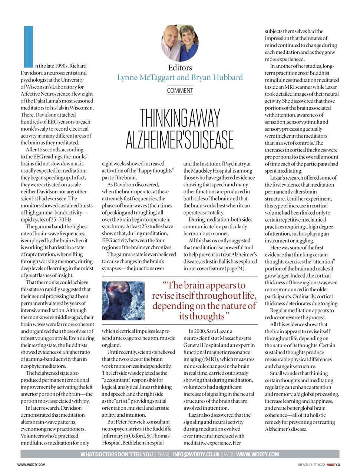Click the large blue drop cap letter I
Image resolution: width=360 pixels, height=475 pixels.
point(28,46)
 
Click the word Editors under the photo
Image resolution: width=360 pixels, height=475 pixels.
point(180,68)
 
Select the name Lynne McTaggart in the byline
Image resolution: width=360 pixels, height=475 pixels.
point(145,78)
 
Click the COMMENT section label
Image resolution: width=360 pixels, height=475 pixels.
point(180,91)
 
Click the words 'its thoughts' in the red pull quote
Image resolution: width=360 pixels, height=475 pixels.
point(202,316)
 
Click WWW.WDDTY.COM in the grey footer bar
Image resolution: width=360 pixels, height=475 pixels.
point(258,454)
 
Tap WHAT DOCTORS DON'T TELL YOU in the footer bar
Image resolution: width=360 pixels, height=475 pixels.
point(116,454)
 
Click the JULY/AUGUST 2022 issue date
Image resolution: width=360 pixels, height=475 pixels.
point(311,465)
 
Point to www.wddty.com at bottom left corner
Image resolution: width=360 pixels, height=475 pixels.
point(32,465)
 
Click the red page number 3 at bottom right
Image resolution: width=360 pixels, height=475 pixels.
point(338,465)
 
